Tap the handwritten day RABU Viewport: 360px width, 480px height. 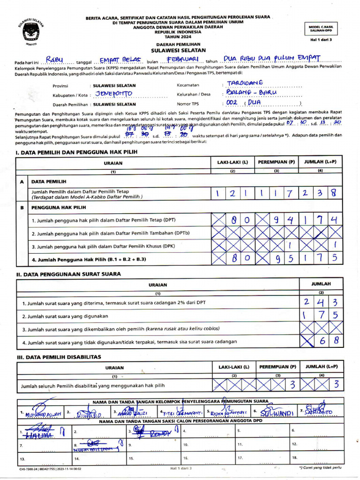pyautogui.click(x=58, y=60)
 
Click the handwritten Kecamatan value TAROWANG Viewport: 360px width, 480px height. pyautogui.click(x=245, y=83)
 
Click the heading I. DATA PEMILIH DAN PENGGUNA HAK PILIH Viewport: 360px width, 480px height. pyautogui.click(x=76, y=152)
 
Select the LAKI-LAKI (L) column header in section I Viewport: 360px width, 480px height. pyautogui.click(x=232, y=162)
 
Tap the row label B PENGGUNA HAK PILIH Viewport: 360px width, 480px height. pyautogui.click(x=59, y=207)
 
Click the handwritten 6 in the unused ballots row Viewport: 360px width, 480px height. pyautogui.click(x=322, y=342)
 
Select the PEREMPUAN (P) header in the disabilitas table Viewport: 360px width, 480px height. pyautogui.click(x=277, y=367)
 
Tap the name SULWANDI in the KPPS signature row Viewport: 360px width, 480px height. pyautogui.click(x=277, y=413)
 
